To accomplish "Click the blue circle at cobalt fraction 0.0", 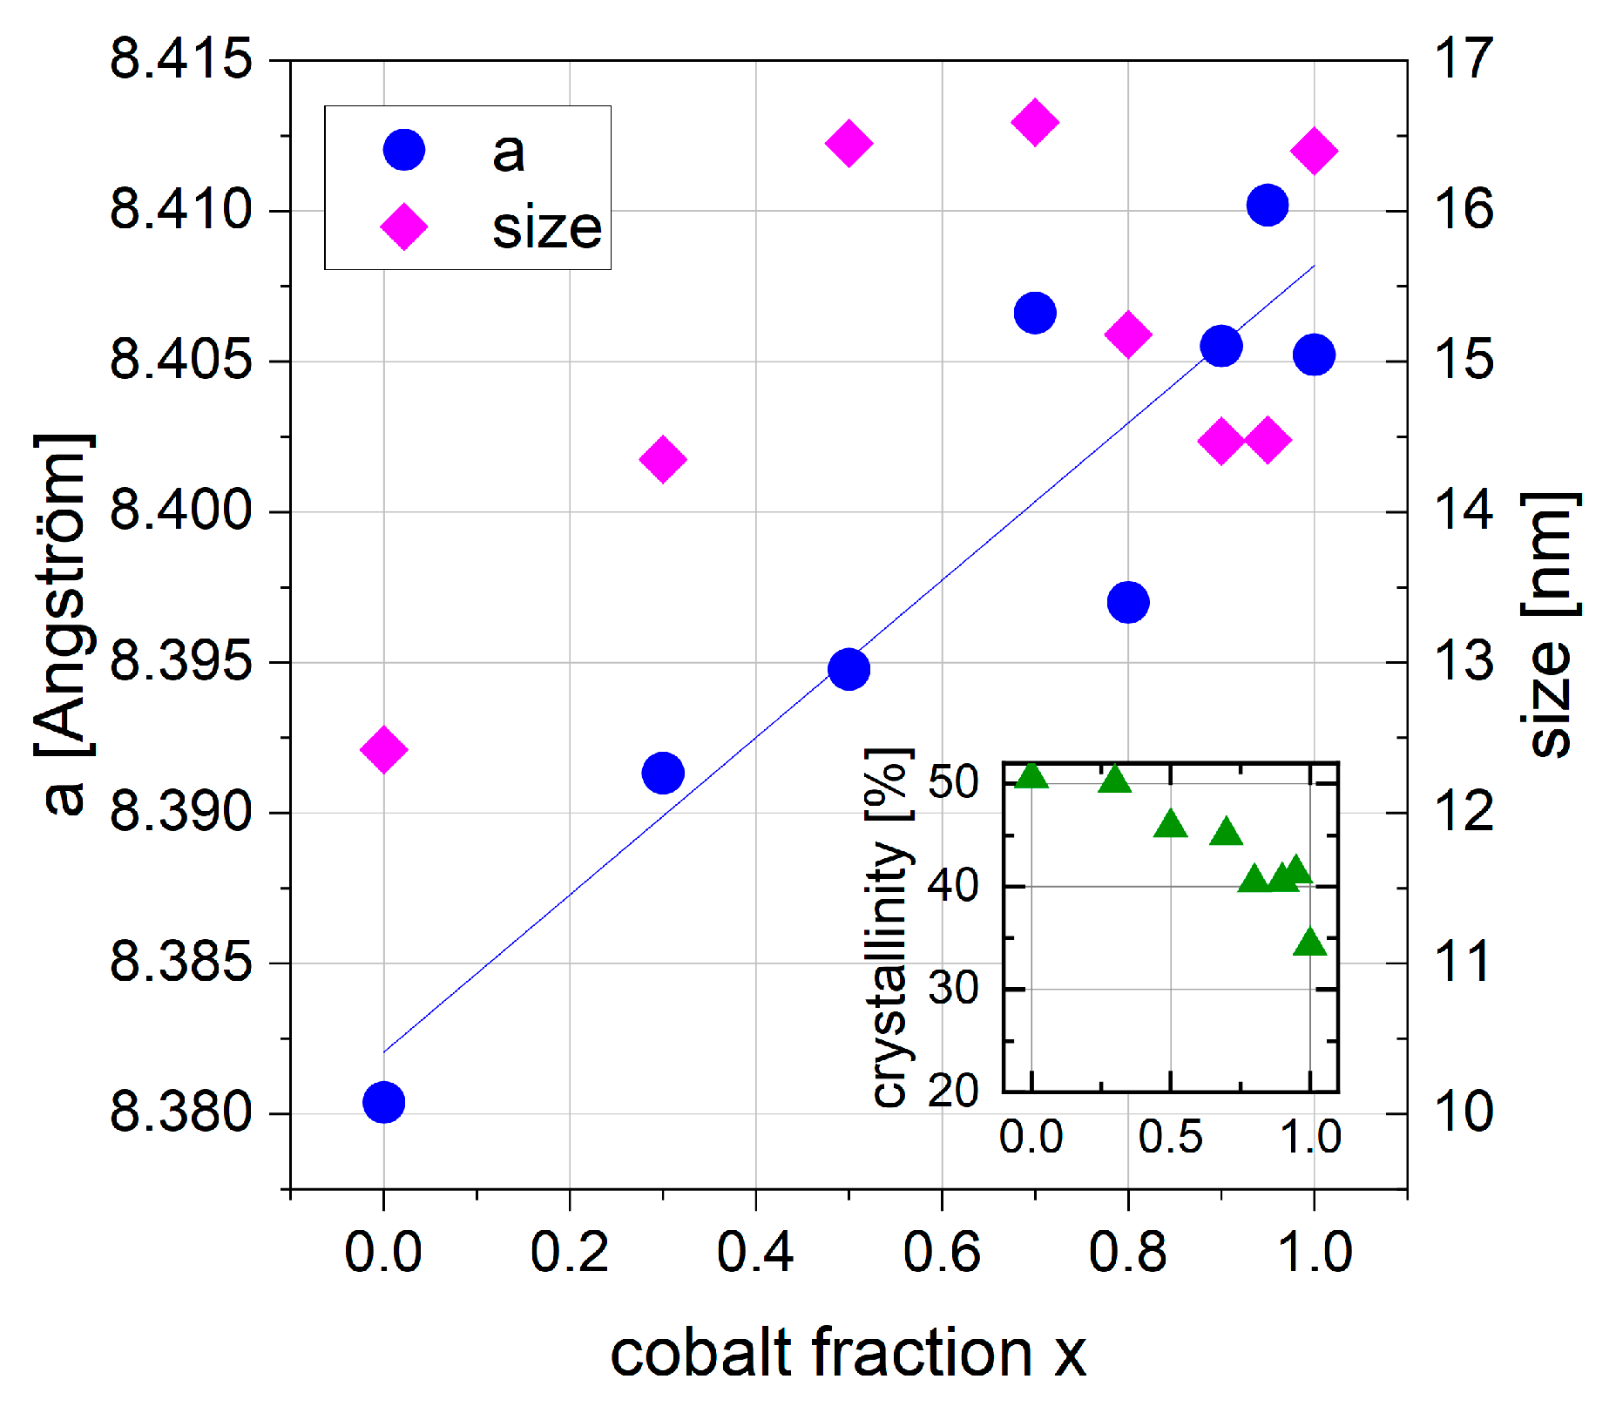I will click(x=383, y=1102).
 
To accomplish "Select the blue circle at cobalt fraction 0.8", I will click(x=1128, y=602).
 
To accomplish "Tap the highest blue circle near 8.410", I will click(x=1268, y=206).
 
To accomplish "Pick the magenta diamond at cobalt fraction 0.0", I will click(x=383, y=749).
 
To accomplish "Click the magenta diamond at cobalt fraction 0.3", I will click(x=663, y=459).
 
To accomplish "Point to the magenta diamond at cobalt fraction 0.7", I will click(x=1035, y=122).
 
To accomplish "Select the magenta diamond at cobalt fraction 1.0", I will click(x=1314, y=151).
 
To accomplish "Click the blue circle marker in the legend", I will click(x=404, y=150).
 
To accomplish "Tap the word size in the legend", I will click(x=546, y=228).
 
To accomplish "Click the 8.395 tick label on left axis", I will click(x=181, y=661).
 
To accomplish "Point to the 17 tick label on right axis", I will click(x=1464, y=59).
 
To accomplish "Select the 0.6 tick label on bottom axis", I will click(x=941, y=1252).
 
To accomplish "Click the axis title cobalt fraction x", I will click(x=848, y=1353).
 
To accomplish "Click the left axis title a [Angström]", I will click(x=65, y=623).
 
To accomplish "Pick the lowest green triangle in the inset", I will click(x=1310, y=943).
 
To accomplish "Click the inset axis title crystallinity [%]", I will click(x=890, y=928).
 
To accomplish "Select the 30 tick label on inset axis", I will click(x=953, y=989).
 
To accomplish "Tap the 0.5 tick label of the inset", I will click(x=1170, y=1137).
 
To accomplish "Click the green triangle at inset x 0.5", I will click(x=1171, y=824).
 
